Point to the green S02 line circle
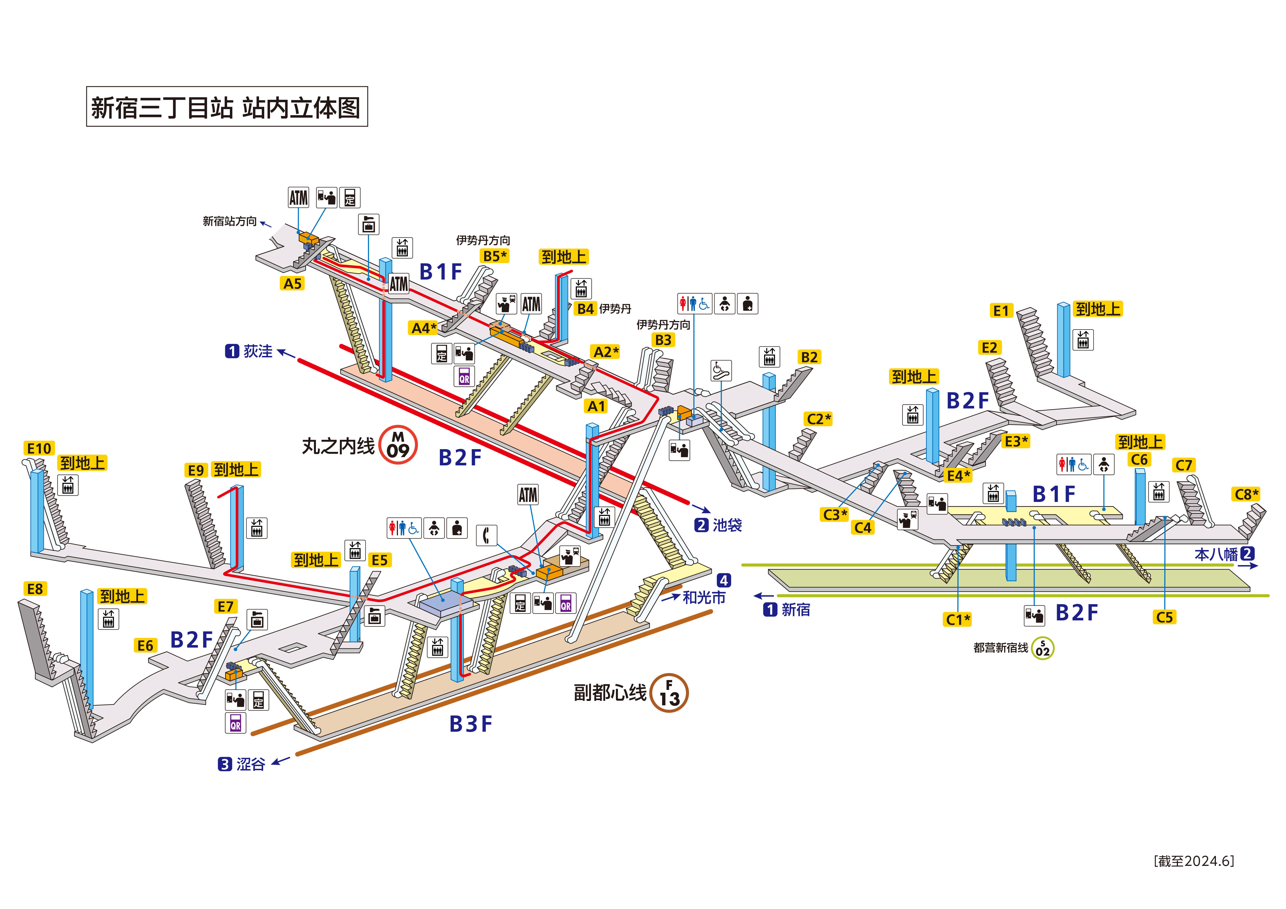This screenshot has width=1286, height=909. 1042,649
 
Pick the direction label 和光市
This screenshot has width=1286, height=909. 703,598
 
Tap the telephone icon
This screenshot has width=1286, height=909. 486,535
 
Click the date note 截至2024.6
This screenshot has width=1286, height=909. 1194,861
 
